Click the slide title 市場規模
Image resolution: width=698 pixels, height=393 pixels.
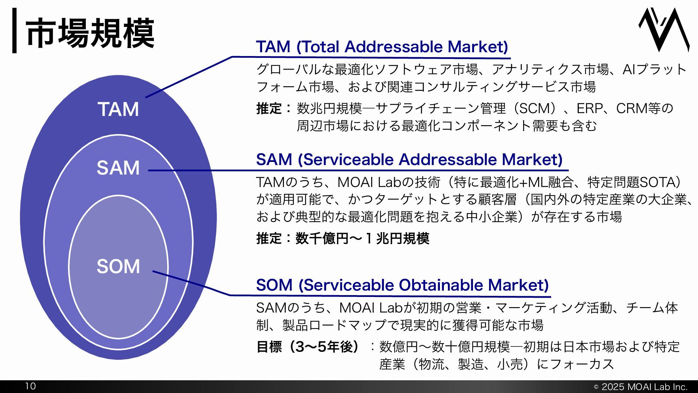(x=90, y=33)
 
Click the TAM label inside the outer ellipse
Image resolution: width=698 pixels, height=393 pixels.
(x=118, y=109)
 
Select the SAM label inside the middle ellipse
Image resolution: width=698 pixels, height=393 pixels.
(x=118, y=168)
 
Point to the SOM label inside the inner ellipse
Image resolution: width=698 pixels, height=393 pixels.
(x=118, y=266)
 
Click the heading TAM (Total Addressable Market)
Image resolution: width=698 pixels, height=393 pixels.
(x=382, y=47)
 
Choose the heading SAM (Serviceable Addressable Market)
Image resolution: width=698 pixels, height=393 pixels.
(x=409, y=160)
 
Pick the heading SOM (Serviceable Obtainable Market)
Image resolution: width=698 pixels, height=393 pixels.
(x=402, y=285)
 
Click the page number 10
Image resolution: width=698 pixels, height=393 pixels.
(x=31, y=386)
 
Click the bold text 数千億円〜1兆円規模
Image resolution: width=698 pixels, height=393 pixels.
(x=362, y=239)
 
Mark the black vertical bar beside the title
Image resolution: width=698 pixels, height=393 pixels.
(x=14, y=31)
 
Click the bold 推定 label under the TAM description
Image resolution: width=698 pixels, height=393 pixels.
(x=269, y=108)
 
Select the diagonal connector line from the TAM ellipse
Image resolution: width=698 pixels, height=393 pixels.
(x=189, y=77)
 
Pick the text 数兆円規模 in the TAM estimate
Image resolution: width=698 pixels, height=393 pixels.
(x=329, y=108)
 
